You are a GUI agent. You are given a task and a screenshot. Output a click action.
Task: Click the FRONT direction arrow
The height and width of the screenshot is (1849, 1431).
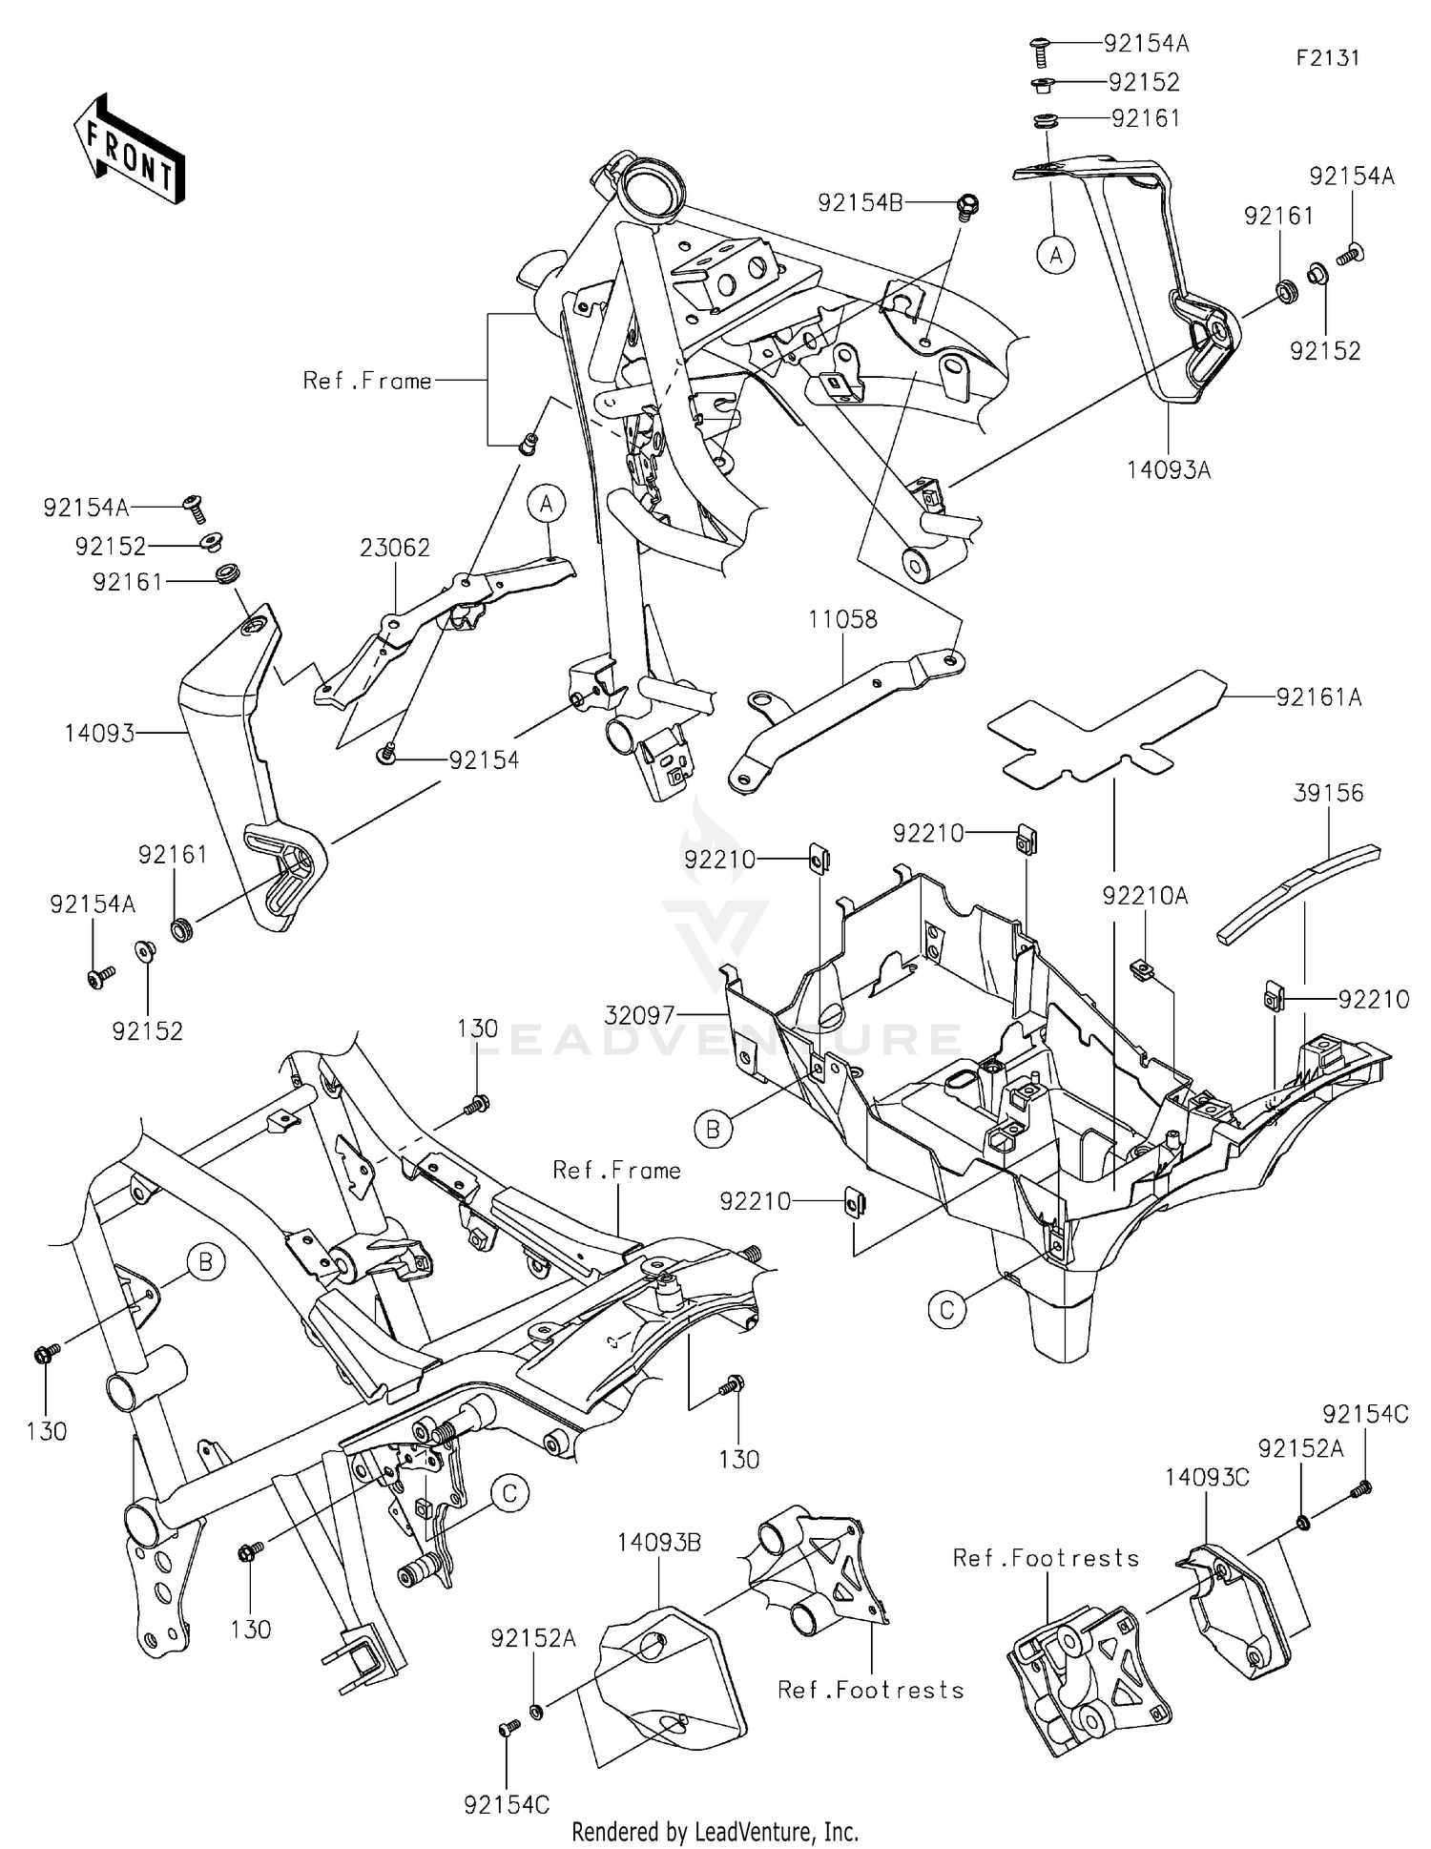click(x=129, y=149)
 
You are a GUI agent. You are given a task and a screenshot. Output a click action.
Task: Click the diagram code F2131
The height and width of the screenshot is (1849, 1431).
click(x=1327, y=58)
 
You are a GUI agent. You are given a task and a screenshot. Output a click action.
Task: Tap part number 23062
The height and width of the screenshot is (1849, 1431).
click(x=395, y=548)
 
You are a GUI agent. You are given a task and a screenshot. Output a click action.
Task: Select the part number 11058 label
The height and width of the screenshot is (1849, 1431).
click(x=842, y=619)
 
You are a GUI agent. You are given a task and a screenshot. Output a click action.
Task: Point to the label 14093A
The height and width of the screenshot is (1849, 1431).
click(x=1170, y=469)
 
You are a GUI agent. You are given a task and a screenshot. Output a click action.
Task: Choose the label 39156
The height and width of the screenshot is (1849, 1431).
click(x=1328, y=793)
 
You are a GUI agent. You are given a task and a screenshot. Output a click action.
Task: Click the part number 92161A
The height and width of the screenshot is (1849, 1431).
click(x=1319, y=698)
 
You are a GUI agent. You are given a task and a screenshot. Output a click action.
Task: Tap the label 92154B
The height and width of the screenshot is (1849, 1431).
click(x=860, y=203)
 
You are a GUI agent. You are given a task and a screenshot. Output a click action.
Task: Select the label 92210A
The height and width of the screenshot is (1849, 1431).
click(x=1145, y=896)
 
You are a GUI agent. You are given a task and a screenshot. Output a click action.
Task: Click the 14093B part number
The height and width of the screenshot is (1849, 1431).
click(x=658, y=1543)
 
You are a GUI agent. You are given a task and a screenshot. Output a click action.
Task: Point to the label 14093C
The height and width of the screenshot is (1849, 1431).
click(x=1207, y=1478)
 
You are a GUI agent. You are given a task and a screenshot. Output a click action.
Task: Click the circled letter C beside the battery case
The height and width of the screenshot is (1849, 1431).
click(x=946, y=1310)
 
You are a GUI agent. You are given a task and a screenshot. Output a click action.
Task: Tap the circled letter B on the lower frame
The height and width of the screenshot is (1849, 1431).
click(x=205, y=1263)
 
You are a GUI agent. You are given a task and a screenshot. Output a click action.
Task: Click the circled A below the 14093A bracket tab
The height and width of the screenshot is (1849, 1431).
click(x=1055, y=256)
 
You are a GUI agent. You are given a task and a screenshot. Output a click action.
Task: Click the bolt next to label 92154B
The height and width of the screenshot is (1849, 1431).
click(x=966, y=205)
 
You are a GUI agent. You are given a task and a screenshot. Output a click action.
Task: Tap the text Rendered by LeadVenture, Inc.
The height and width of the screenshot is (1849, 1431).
click(x=715, y=1831)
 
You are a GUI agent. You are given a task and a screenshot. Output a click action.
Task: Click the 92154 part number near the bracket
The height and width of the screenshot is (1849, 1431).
click(x=484, y=760)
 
